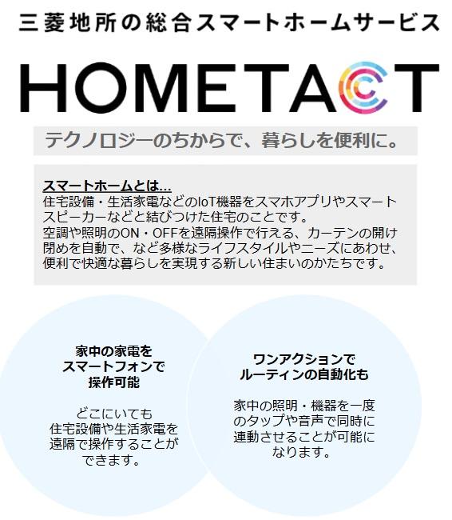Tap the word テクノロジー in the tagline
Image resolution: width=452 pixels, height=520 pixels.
pos(97,142)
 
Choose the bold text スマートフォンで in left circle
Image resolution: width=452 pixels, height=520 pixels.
pos(113,367)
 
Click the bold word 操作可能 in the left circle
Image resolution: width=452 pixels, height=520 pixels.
pos(113,383)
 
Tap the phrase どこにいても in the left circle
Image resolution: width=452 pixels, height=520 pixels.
pos(113,414)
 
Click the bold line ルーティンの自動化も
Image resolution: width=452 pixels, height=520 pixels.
pos(303,374)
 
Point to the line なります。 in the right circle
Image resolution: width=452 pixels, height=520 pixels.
pos(303,452)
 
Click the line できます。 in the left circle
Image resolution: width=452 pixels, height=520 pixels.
pos(113,460)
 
